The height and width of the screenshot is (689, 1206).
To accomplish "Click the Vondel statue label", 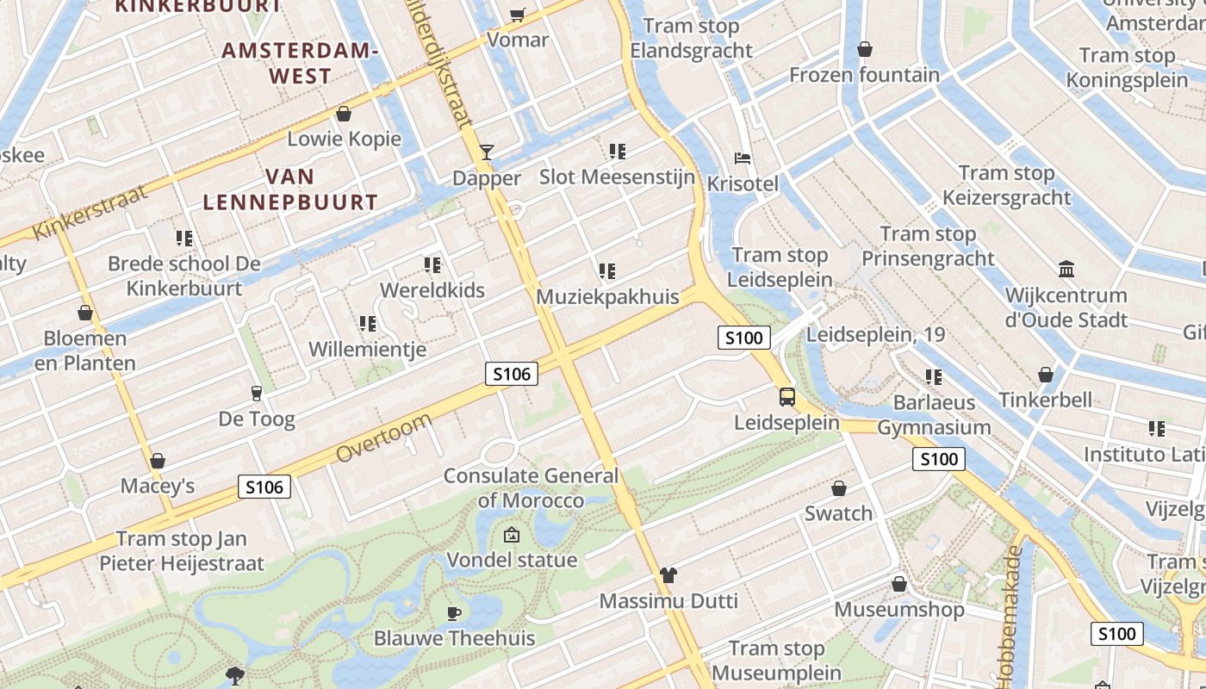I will pos(512,560).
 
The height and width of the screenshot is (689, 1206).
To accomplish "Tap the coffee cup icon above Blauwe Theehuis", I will pos(454,613).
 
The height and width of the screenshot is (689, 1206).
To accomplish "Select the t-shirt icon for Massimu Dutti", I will pos(668,574).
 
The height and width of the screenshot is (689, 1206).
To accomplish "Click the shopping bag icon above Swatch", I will pos(839,488).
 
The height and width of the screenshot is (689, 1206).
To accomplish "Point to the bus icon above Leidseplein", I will pos(787,397).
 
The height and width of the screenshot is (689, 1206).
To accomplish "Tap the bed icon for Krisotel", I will pos(743,158).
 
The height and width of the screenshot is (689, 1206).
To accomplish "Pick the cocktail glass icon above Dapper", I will pos(487,152).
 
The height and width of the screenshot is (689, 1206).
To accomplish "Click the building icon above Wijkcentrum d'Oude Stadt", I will pos(1066,270).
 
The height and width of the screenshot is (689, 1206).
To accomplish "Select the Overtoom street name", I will pos(383,437).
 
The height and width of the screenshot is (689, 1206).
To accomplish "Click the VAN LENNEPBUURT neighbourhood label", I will pos(290,189).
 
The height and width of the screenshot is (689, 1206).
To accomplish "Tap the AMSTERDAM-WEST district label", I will pos(300,63).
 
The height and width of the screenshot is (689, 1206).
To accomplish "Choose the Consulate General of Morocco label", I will pos(531,487).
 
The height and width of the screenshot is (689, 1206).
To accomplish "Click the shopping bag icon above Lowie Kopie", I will pos(344,114).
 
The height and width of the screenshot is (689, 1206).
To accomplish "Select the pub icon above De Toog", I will pos(256,394).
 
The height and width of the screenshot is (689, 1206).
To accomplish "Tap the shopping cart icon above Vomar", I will pos(518,15).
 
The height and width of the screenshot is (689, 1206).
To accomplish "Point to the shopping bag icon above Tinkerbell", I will pos(1046,375).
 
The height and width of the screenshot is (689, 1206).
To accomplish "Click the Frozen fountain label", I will pos(865,75).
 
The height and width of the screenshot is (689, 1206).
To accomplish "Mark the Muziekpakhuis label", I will pos(607,297).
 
